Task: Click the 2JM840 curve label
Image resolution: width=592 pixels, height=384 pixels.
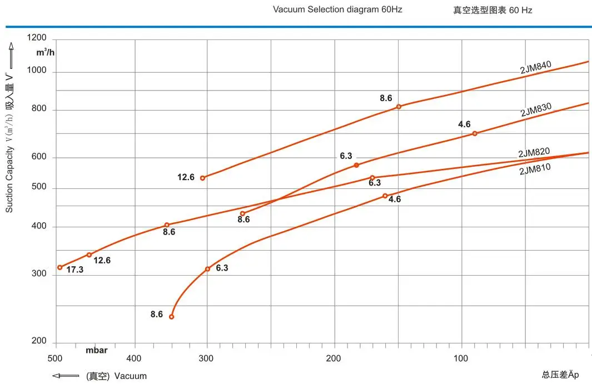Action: click(x=535, y=67)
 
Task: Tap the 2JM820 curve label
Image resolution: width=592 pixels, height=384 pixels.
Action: click(x=534, y=153)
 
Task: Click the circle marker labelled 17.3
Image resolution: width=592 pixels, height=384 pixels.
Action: click(x=60, y=267)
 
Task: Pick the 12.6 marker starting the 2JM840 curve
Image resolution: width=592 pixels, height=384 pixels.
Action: click(x=203, y=178)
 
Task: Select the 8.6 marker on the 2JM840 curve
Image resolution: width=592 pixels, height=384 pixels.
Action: click(x=399, y=107)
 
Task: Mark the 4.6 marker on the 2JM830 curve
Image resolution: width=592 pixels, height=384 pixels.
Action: click(x=474, y=133)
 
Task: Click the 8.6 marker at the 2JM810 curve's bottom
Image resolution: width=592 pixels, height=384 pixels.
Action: click(x=171, y=317)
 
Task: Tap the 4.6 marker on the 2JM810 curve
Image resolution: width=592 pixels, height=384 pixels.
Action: click(x=385, y=196)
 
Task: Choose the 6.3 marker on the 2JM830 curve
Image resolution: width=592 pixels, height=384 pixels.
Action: click(x=356, y=165)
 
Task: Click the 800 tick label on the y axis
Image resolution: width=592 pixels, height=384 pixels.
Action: click(x=39, y=110)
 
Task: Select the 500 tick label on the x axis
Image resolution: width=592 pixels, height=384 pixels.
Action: click(x=56, y=358)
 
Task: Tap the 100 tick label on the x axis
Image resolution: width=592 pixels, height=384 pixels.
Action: click(x=461, y=358)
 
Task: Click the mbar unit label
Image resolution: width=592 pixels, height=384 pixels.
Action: click(x=97, y=351)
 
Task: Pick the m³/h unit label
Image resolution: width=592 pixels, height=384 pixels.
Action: click(x=45, y=53)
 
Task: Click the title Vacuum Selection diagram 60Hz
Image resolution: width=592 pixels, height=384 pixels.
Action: click(x=337, y=9)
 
